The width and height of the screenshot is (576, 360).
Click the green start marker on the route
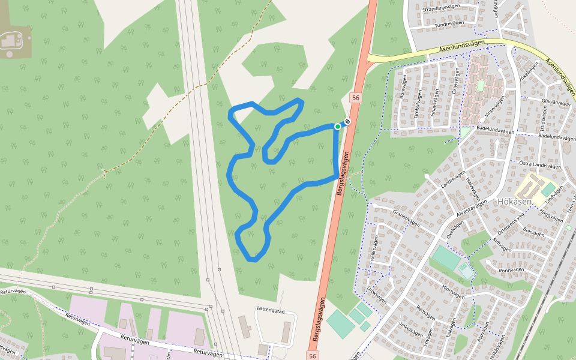(x=338, y=126)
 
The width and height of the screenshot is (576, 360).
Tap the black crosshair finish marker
(x=347, y=122)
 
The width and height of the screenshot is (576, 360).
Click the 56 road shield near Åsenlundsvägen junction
(x=356, y=97)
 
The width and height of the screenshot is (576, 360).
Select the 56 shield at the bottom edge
(x=313, y=356)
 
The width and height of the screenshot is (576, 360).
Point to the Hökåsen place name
(x=514, y=202)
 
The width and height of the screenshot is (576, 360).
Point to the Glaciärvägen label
(x=555, y=103)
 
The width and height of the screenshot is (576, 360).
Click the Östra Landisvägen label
(x=539, y=165)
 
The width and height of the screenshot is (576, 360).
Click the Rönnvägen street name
(x=512, y=270)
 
